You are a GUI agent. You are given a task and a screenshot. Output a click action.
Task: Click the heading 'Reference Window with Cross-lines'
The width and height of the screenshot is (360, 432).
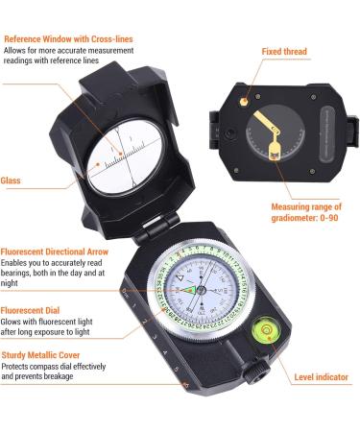point(68,39)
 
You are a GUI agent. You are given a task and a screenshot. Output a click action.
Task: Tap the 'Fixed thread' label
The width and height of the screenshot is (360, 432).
point(284,51)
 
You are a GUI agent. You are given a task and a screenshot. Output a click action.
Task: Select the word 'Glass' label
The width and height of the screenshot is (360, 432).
point(11,180)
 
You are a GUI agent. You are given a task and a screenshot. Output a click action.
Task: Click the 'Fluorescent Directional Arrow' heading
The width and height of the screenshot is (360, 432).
point(55,252)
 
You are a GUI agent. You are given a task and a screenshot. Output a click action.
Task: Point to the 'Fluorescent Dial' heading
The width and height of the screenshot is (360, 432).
point(30,310)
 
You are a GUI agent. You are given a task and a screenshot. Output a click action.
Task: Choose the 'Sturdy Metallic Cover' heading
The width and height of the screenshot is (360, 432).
point(40,355)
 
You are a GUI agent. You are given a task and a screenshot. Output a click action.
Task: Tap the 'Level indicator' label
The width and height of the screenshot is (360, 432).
point(321,377)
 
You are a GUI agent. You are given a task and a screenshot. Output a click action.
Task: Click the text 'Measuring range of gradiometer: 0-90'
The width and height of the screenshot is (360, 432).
point(306,212)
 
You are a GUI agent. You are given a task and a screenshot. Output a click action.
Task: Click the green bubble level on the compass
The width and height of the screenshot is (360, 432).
point(267,330)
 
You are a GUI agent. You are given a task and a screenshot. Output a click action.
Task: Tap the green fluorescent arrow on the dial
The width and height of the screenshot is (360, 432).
point(188,290)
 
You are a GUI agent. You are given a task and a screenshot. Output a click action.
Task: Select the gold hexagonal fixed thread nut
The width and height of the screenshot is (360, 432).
point(244,102)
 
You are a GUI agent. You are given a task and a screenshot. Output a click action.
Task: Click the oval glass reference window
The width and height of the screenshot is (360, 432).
point(126,157)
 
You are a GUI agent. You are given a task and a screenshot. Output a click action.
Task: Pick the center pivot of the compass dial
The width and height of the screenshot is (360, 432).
point(201,290)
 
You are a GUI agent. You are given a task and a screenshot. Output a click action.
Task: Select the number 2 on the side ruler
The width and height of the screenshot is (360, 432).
point(145,321)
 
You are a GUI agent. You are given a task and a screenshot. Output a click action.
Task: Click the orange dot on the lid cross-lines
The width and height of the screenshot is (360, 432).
point(121,154)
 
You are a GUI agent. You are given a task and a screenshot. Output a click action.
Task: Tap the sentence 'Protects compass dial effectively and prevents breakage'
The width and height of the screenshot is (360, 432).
point(54,372)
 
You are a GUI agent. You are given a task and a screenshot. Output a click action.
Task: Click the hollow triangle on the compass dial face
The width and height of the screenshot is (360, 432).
point(180,277)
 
